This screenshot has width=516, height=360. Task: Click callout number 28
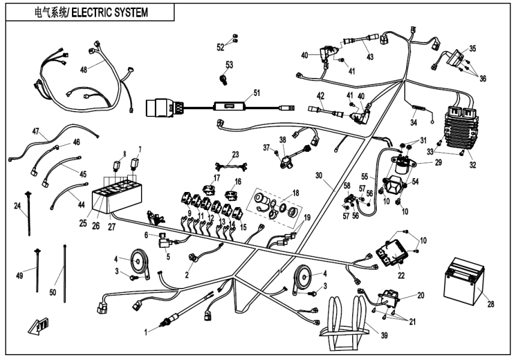coord(491,305)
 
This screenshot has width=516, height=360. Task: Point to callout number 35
coord(473,49)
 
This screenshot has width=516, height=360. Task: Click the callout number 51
coord(257,92)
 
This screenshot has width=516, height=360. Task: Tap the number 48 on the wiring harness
coord(83,70)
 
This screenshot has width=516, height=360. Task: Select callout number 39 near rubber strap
coord(376,335)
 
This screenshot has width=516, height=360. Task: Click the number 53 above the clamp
coord(229,64)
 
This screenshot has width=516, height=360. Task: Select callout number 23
coord(235,154)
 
